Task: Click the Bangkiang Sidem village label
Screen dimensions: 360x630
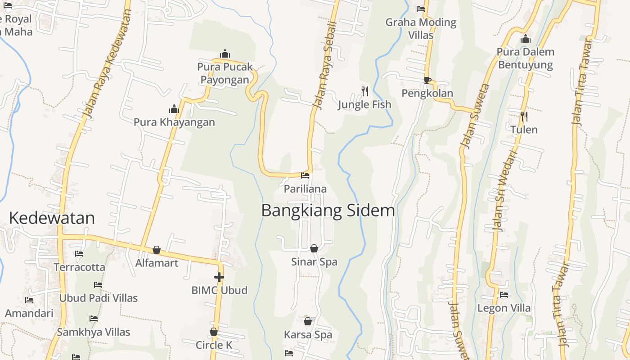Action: [328, 211]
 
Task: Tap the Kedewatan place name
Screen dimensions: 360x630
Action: [52, 218]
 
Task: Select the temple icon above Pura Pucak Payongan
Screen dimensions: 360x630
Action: [225, 54]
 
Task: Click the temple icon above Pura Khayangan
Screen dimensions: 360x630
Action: [174, 109]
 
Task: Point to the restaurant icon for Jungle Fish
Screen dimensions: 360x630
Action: [365, 91]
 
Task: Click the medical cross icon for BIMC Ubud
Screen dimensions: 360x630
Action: [219, 277]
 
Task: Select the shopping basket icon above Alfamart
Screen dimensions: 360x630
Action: [157, 250]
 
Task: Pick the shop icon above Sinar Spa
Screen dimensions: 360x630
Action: [314, 248]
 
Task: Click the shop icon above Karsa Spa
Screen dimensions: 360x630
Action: [308, 321]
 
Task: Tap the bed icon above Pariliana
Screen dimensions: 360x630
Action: [305, 175]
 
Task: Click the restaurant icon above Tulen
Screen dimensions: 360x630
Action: [524, 117]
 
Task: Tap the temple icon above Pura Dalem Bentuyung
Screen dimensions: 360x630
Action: [525, 39]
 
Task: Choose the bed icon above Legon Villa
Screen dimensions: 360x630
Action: [504, 295]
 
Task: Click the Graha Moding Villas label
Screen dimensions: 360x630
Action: [421, 28]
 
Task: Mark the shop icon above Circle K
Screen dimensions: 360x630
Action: [214, 332]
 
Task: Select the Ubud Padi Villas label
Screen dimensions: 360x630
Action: [99, 298]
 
